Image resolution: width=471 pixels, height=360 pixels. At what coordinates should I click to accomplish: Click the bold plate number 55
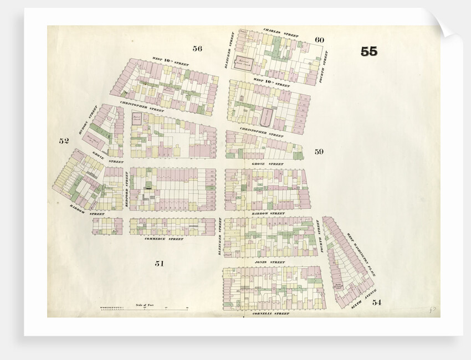(x=368, y=52)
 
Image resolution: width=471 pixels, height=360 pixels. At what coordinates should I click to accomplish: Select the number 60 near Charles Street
(x=319, y=40)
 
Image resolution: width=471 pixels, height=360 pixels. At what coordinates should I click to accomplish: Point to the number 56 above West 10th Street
(x=197, y=49)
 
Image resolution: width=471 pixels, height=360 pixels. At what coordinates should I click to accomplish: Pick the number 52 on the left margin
(x=64, y=141)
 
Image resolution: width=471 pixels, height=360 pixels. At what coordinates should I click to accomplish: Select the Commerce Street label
(x=163, y=239)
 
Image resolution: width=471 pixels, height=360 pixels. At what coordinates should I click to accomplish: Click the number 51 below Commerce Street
(x=159, y=264)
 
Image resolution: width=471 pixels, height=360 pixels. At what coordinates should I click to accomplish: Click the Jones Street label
(x=269, y=261)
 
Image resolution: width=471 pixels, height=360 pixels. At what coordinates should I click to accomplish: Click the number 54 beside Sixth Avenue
(x=377, y=302)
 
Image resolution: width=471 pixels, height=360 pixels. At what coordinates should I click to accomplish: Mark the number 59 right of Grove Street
(x=319, y=151)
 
